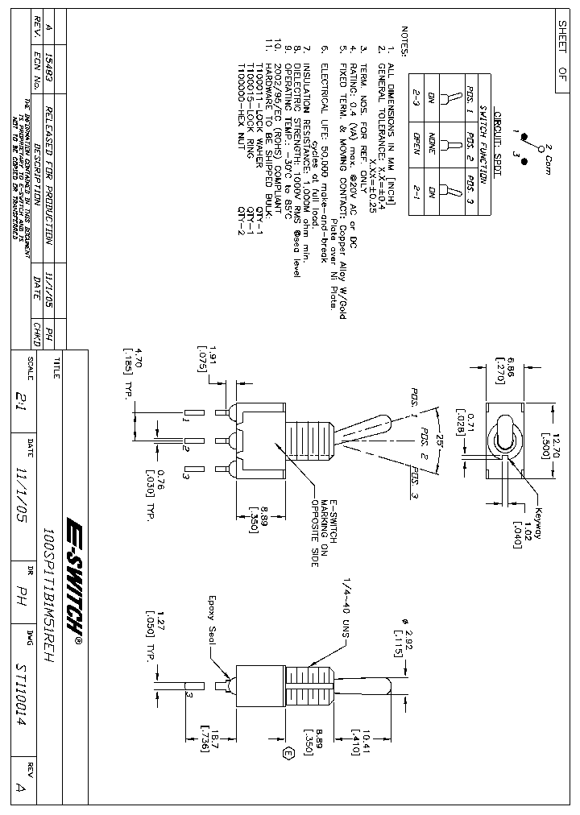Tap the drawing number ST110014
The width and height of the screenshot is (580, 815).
click(x=20, y=705)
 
